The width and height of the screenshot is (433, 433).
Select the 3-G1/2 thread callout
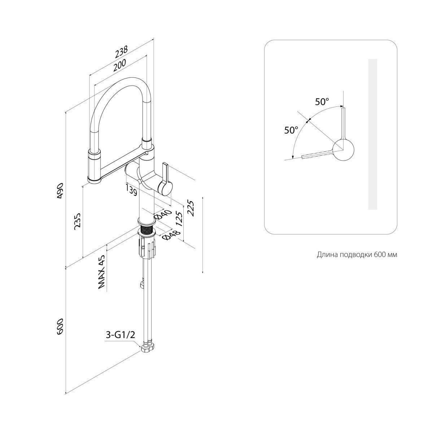[121, 335]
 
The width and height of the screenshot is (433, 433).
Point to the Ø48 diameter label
[169, 235]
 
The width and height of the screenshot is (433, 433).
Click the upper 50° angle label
[322, 102]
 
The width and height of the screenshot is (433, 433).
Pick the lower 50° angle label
[291, 130]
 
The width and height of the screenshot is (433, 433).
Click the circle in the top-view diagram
[343, 149]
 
